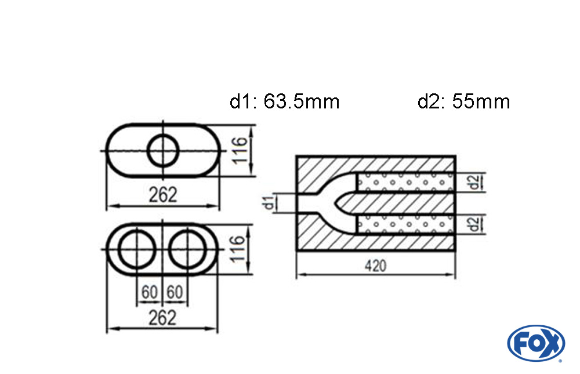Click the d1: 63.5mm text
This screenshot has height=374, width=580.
pos(284,102)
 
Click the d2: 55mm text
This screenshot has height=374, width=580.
pos(463,102)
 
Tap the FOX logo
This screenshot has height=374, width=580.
pos(535,343)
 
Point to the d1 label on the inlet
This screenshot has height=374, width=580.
pos(268,204)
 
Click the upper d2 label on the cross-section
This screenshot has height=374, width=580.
pos(475,183)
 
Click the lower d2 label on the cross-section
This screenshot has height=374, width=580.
pos(475,223)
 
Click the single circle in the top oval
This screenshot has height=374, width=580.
pos(163,151)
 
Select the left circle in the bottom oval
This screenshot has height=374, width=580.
pos(137,250)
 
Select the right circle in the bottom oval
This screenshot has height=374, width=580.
pos(188,250)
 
